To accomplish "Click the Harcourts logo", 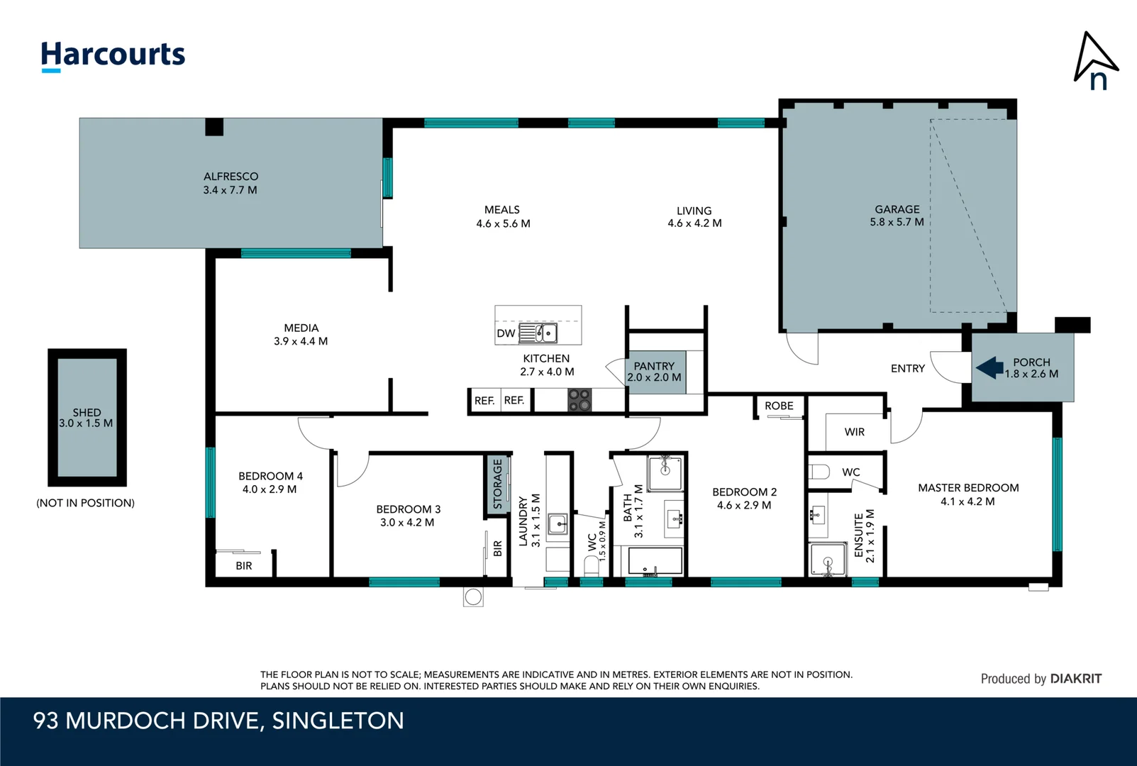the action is pyautogui.click(x=113, y=56).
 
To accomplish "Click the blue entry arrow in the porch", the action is pyautogui.click(x=989, y=367).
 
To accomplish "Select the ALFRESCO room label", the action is pyautogui.click(x=231, y=177).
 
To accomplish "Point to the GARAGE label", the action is pyautogui.click(x=897, y=209).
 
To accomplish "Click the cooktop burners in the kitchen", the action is pyautogui.click(x=579, y=399).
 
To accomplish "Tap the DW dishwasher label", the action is pyautogui.click(x=506, y=333).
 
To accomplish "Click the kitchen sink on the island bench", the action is pyautogui.click(x=538, y=333).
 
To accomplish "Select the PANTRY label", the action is pyautogui.click(x=654, y=366).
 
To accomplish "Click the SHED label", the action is pyautogui.click(x=87, y=413).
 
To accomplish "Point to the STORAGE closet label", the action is pyautogui.click(x=497, y=484).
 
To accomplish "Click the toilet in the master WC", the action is pyautogui.click(x=819, y=472).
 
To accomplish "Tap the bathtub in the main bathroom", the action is pyautogui.click(x=655, y=561).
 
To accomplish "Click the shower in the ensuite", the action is pyautogui.click(x=828, y=560).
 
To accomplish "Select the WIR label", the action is pyautogui.click(x=854, y=432).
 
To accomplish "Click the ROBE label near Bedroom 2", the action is pyautogui.click(x=779, y=406).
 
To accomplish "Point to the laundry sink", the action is pyautogui.click(x=558, y=523).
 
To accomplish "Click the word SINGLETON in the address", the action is pyautogui.click(x=338, y=721).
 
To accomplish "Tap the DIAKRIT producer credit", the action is pyautogui.click(x=1075, y=679).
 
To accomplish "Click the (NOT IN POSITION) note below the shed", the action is pyautogui.click(x=85, y=503).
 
